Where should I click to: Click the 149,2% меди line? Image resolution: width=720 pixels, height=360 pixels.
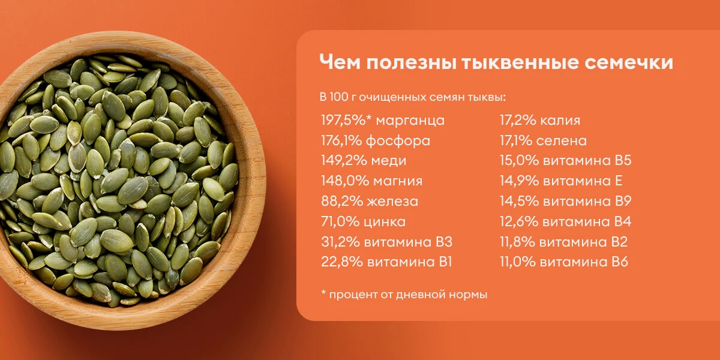click(x=363, y=161)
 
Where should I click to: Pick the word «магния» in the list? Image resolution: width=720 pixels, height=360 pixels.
click(x=397, y=181)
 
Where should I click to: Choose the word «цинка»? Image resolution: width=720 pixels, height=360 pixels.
click(x=385, y=221)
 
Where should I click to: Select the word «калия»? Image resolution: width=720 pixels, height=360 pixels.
click(x=560, y=120)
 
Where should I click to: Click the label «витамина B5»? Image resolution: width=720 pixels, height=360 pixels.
click(x=586, y=161)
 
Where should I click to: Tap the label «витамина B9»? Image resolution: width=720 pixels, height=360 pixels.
click(x=586, y=201)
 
